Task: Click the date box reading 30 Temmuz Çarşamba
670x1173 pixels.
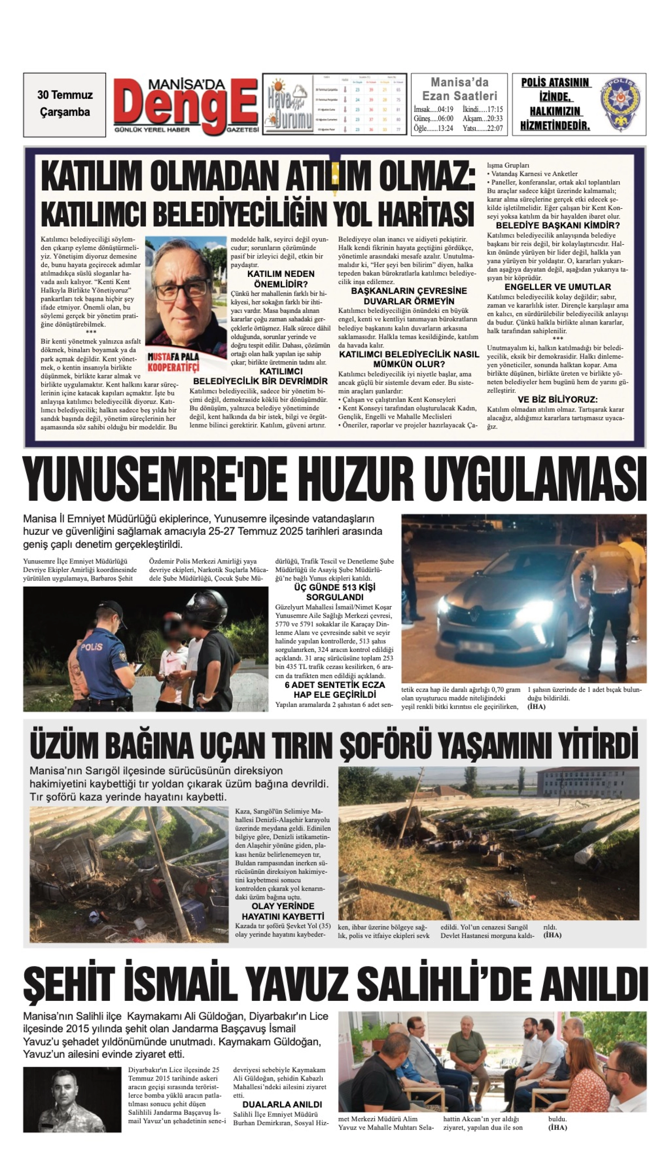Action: (x=65, y=104)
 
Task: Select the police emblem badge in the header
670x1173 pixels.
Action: (x=619, y=104)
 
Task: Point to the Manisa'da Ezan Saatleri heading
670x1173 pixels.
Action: (x=459, y=89)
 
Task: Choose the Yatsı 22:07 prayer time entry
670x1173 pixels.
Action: (x=483, y=128)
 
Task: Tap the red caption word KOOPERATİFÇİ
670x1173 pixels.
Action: (x=173, y=367)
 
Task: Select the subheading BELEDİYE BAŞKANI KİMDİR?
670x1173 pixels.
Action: (x=558, y=225)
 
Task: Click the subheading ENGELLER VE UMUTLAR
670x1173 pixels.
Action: (x=558, y=287)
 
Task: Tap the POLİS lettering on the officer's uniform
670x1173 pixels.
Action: (x=92, y=647)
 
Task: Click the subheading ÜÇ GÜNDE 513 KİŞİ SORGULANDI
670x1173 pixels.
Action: (x=335, y=592)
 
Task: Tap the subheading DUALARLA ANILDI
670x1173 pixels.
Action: (x=282, y=1105)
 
